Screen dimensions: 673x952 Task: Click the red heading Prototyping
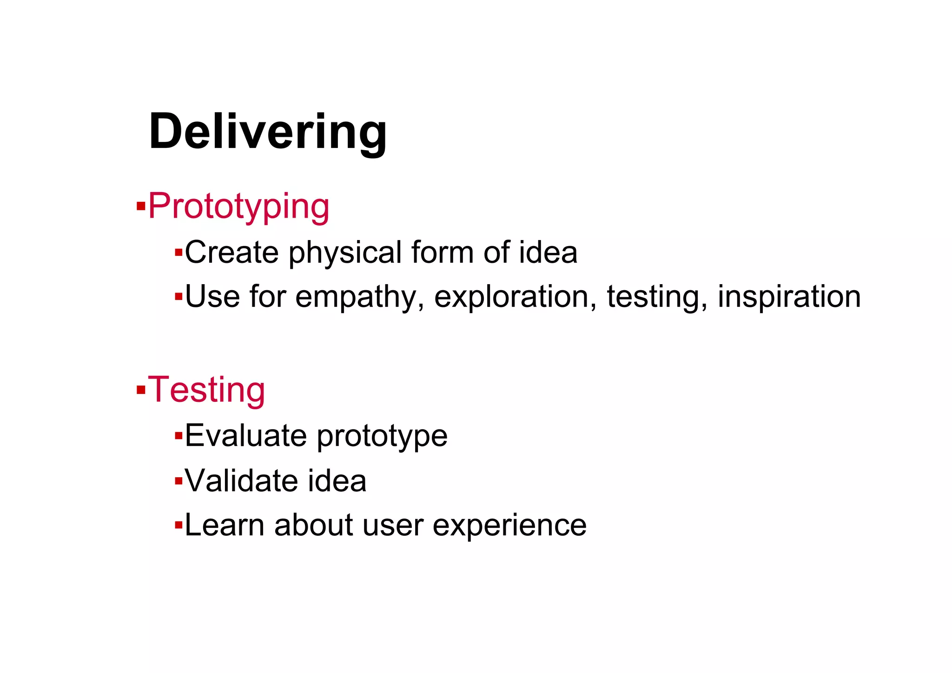click(238, 207)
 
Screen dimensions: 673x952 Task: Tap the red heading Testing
click(206, 390)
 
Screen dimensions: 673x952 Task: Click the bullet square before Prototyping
click(141, 206)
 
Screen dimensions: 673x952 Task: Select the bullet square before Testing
click(141, 389)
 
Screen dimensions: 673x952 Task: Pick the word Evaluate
click(246, 436)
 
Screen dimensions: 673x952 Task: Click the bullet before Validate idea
click(178, 480)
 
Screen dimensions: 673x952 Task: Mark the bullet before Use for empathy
click(178, 296)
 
